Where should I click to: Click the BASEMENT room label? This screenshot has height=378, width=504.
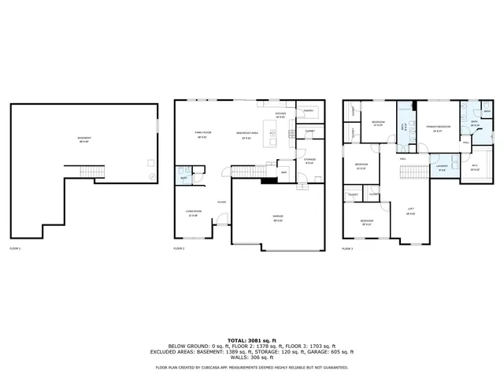pyautogui.click(x=83, y=139)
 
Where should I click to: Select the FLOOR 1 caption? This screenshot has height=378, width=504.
pyautogui.click(x=15, y=248)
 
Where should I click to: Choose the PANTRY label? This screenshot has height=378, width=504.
pyautogui.click(x=309, y=112)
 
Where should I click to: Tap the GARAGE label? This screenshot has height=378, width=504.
pyautogui.click(x=278, y=217)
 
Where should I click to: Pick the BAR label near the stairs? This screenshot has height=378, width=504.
pyautogui.click(x=283, y=172)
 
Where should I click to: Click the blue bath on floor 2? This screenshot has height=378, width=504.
pyautogui.click(x=183, y=176)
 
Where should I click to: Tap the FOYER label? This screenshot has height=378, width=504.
pyautogui.click(x=222, y=202)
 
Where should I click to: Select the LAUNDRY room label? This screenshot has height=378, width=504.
pyautogui.click(x=442, y=167)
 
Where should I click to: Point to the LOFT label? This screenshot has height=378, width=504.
pyautogui.click(x=410, y=209)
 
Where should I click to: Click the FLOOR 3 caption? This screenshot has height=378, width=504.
pyautogui.click(x=347, y=248)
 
